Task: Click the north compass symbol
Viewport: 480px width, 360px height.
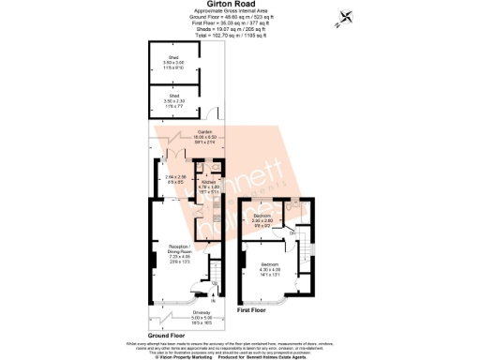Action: pyautogui.click(x=349, y=16)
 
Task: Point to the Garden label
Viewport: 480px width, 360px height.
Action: pyautogui.click(x=204, y=135)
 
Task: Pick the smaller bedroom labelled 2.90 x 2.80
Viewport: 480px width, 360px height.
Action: pyautogui.click(x=262, y=221)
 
